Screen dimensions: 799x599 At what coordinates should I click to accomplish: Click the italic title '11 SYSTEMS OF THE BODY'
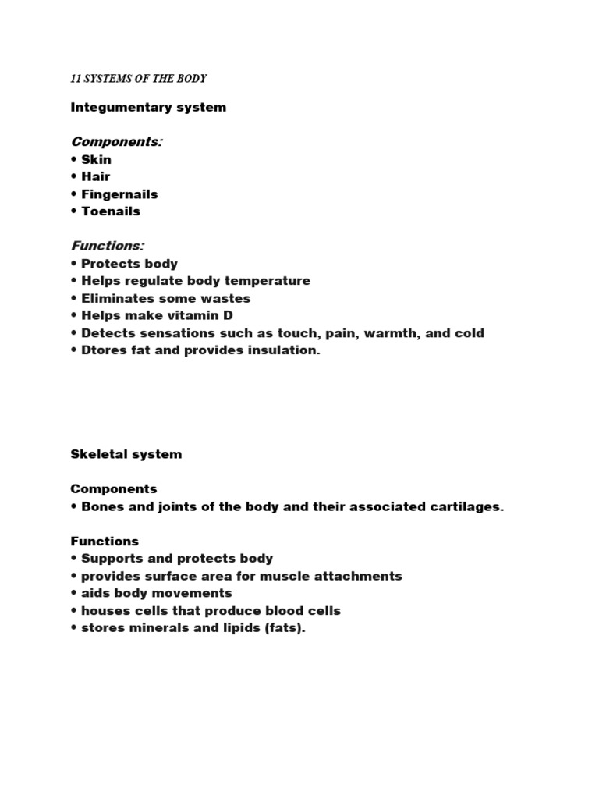click(138, 79)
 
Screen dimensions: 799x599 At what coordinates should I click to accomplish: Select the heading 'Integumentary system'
click(148, 107)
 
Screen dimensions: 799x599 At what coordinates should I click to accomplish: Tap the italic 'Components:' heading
click(116, 141)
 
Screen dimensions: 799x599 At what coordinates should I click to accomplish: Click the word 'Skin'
click(96, 159)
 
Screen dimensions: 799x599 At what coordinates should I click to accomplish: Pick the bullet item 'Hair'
click(95, 176)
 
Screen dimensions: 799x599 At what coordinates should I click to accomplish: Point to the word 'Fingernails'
click(119, 194)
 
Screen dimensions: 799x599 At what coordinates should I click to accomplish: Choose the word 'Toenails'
click(111, 211)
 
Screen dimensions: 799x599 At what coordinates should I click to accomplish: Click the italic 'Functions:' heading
click(107, 246)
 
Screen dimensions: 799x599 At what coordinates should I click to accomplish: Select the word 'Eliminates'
click(118, 298)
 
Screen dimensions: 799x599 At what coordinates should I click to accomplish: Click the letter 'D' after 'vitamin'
click(229, 315)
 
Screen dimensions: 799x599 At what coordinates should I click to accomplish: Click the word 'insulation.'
click(283, 350)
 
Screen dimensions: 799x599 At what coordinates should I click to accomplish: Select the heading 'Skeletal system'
click(126, 454)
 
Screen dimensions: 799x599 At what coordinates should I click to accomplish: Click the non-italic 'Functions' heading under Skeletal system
click(105, 541)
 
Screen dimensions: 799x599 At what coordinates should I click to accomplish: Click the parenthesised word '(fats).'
click(282, 628)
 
